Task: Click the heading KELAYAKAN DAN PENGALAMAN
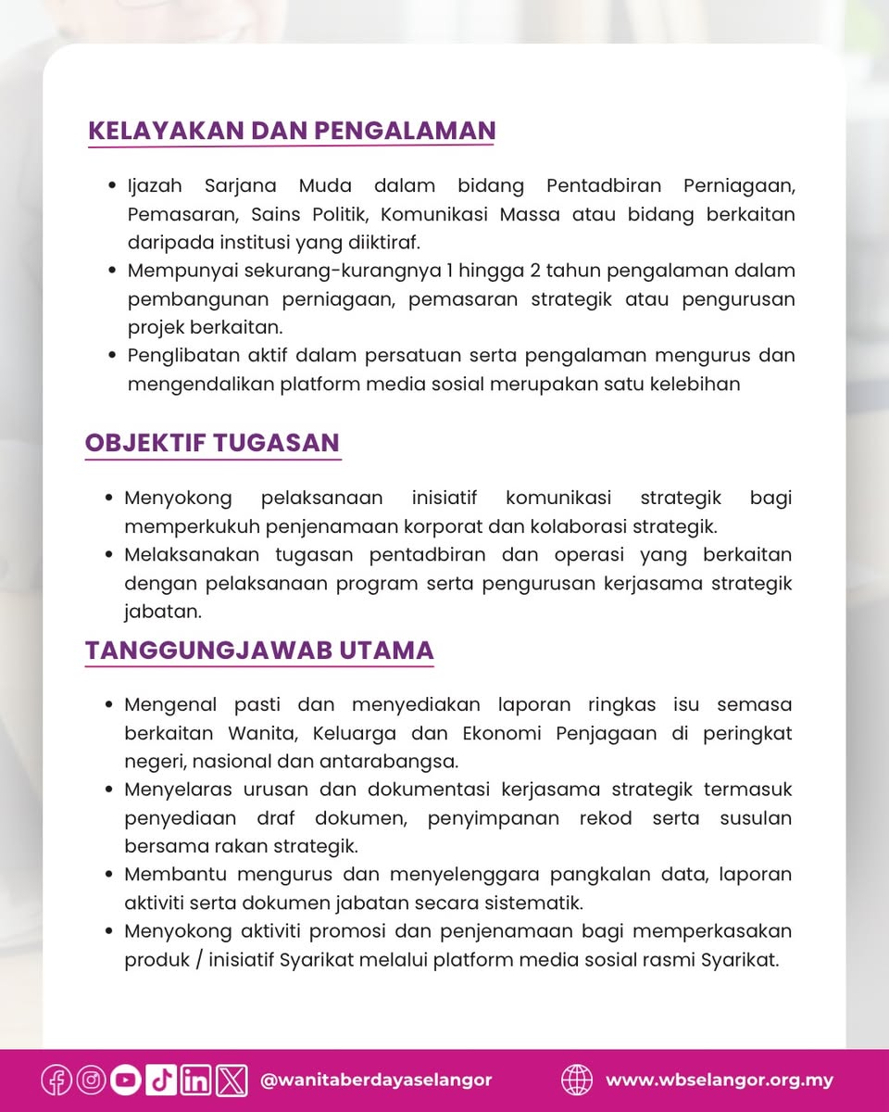point(292,131)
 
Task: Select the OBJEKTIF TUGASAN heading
point(212,443)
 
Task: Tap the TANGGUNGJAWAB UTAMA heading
point(259,651)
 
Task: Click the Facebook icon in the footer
point(56,1080)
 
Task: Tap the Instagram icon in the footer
point(91,1080)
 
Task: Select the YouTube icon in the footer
point(126,1080)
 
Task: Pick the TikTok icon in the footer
point(161,1080)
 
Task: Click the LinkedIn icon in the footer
point(196,1080)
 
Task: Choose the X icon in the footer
point(232,1080)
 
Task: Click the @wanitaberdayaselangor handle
point(377,1080)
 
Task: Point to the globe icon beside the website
point(577,1080)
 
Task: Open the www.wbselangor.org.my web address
point(720,1080)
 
